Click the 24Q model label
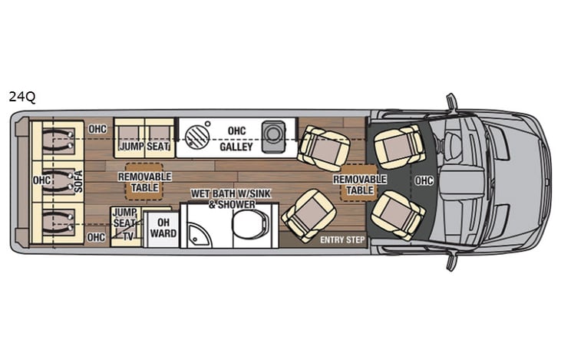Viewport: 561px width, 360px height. pyautogui.click(x=22, y=97)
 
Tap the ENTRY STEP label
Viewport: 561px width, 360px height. pyautogui.click(x=342, y=240)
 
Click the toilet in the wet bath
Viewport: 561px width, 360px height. pyautogui.click(x=249, y=225)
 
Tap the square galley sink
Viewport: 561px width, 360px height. pyautogui.click(x=272, y=134)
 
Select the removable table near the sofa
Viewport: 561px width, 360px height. pyautogui.click(x=139, y=181)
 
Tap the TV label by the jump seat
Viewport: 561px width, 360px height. pyautogui.click(x=128, y=236)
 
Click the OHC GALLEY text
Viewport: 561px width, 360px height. pyautogui.click(x=236, y=139)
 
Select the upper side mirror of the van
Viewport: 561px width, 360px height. pyautogui.click(x=452, y=102)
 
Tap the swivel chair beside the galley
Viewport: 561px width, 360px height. pyautogui.click(x=323, y=147)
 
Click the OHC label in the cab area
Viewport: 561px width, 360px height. pyautogui.click(x=424, y=181)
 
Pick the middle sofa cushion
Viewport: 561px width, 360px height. pyautogui.click(x=58, y=181)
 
